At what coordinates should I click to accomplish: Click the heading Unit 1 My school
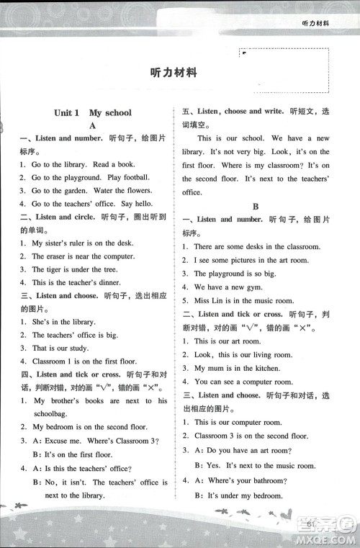(93, 112)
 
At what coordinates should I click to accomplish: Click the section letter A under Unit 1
(92, 125)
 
